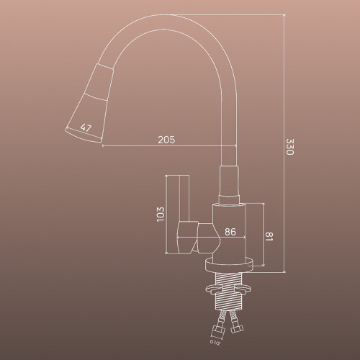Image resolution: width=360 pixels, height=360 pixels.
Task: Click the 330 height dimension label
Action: (289, 147)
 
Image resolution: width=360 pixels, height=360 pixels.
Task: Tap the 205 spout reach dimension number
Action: (166, 140)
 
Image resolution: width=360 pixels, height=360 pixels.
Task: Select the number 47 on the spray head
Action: (86, 127)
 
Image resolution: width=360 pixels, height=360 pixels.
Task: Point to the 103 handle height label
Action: (161, 215)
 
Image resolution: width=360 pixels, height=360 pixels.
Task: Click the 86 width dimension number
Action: (230, 232)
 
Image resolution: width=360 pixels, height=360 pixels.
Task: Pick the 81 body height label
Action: (269, 236)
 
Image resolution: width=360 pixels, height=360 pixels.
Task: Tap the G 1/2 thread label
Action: (215, 343)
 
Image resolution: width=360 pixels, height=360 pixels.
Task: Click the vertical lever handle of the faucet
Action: (184, 198)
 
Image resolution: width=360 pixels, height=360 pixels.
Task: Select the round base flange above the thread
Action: (229, 265)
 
